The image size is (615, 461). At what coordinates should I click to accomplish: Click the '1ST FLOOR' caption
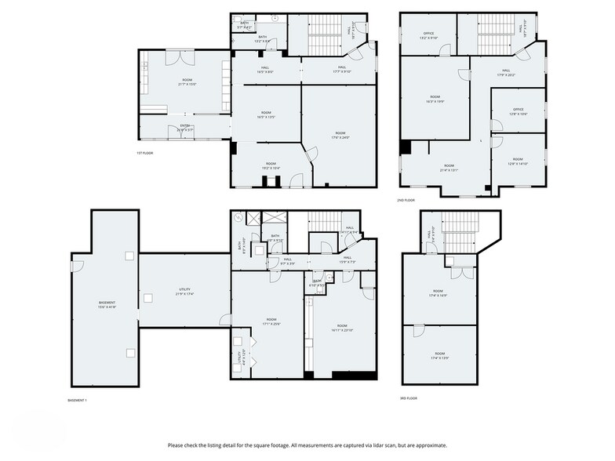tap(144, 153)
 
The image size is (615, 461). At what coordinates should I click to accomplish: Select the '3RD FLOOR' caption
tap(409, 398)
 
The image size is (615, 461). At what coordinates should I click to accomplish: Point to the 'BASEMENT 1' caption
tap(77, 400)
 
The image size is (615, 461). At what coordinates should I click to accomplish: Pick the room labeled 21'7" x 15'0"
tap(187, 82)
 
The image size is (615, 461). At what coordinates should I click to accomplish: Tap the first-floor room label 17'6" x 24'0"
tap(340, 135)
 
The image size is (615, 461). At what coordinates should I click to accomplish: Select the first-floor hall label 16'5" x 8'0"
tap(265, 70)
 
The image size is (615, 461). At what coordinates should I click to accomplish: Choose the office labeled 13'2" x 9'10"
tap(428, 35)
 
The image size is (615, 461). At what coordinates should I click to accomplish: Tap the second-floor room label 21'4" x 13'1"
tap(448, 167)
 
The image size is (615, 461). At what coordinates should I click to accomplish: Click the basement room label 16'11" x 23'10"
tap(342, 328)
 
